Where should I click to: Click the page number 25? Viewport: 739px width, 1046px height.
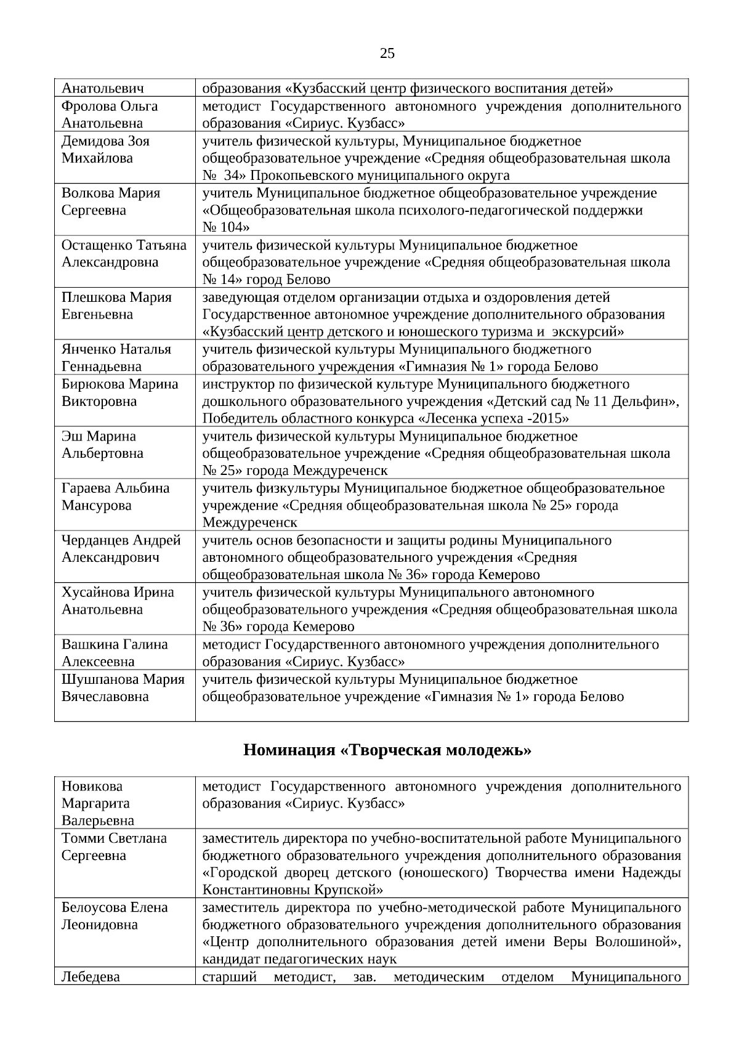387,54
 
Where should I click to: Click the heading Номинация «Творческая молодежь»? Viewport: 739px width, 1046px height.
387,750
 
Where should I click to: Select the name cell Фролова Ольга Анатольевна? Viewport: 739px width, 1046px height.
109,115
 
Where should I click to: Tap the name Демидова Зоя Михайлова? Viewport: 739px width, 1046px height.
105,150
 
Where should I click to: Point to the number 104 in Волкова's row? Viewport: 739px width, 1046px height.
221,227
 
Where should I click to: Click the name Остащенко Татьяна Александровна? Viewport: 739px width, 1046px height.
123,254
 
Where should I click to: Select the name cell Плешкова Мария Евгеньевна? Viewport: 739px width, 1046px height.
116,306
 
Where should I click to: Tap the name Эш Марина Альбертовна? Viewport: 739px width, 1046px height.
102,445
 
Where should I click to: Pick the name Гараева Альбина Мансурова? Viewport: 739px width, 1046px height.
115,497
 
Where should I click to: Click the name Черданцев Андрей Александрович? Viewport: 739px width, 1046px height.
121,548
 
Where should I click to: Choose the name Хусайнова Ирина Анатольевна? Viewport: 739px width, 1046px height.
117,601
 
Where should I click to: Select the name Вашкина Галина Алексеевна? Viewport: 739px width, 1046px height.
114,652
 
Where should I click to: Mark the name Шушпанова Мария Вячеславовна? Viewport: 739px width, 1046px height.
123,687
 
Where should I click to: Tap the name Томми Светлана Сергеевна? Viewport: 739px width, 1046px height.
114,847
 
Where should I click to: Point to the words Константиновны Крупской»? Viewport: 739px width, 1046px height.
293,890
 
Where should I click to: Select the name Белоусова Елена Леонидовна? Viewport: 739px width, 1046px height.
114,916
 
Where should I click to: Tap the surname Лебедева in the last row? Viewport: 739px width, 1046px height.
91,976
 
